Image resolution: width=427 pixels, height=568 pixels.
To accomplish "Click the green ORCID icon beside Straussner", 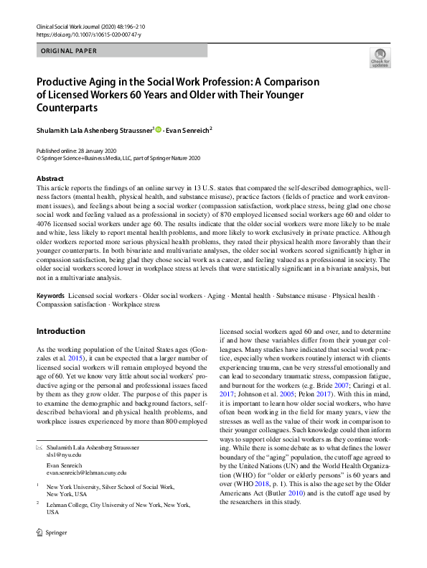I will [x=159, y=129].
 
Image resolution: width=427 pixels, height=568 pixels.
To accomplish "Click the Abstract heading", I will [x=51, y=177].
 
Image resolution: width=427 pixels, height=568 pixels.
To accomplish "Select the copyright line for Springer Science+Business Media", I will [x=118, y=157].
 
